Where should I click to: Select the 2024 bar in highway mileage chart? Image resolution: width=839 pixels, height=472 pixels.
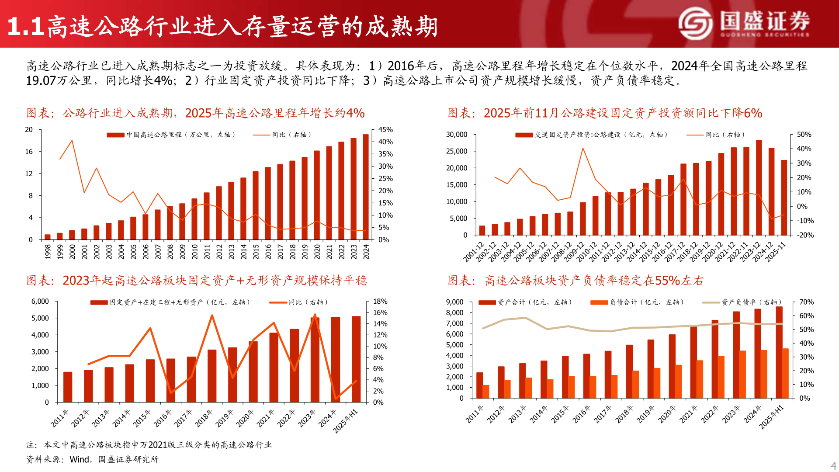point(366,187)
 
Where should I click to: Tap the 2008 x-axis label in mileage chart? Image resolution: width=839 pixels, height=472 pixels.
point(170,251)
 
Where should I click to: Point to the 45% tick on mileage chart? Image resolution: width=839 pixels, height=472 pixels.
point(385,130)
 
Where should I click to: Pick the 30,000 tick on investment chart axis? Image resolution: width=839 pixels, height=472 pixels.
point(456,135)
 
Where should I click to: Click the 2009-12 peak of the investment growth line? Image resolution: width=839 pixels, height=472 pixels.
point(582,149)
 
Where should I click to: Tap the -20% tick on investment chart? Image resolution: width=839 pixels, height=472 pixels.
point(805,235)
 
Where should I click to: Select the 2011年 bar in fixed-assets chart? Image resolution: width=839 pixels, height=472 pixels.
point(68,387)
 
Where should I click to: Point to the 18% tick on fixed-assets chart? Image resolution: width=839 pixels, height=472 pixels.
point(380,302)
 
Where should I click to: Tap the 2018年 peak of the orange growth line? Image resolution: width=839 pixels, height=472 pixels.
point(212,316)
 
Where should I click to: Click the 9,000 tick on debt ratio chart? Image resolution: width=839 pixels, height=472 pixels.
point(454,302)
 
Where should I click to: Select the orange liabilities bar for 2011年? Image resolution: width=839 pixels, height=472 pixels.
point(486,392)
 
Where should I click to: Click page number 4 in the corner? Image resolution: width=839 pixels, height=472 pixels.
point(833,466)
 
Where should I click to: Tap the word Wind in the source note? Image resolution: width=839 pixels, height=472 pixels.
point(80,459)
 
